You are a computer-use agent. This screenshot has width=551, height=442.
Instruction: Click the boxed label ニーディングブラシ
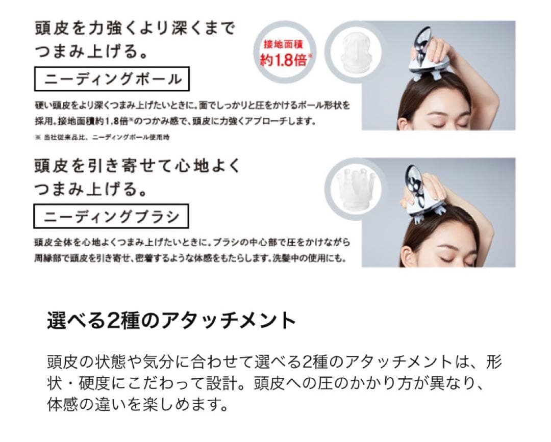112,217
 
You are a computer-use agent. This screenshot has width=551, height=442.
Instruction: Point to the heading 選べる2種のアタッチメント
171,321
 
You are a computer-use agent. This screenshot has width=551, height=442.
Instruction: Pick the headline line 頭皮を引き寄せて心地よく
136,166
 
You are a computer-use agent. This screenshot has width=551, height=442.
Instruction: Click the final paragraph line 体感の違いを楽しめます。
136,406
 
